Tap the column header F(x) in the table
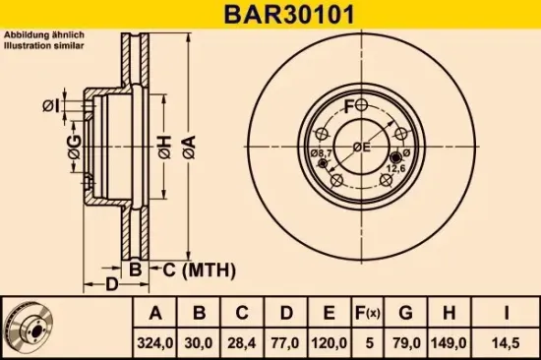click(x=367, y=314)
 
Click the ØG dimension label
click(x=74, y=150)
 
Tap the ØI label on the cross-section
click(x=52, y=105)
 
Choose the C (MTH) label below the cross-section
click(x=189, y=269)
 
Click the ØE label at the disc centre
click(x=361, y=147)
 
